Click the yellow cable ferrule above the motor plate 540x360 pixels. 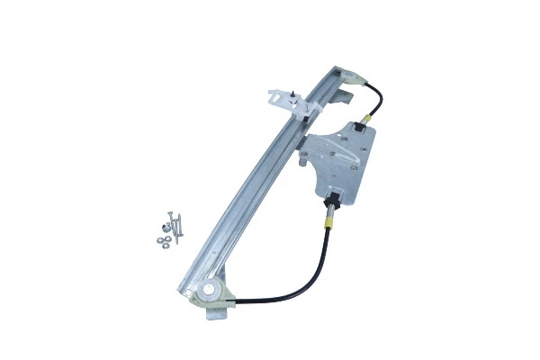[367, 119]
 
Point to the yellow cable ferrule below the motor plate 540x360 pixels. [330, 216]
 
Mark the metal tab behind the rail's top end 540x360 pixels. [346, 90]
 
